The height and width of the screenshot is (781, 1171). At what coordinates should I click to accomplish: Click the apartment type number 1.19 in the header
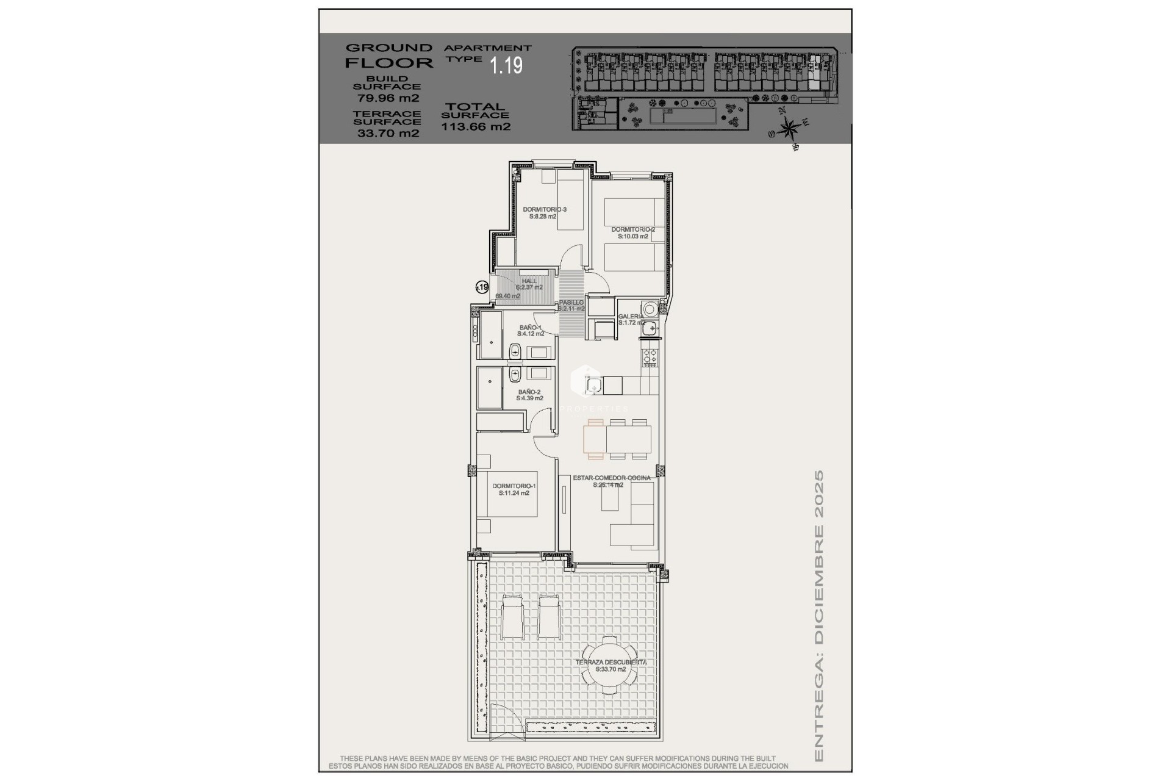point(506,65)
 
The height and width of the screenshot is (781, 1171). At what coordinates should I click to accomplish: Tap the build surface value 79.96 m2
point(388,98)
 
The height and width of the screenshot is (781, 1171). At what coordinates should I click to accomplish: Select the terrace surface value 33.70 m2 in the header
point(388,133)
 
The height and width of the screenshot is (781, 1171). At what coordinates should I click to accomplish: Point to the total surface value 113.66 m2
point(476,127)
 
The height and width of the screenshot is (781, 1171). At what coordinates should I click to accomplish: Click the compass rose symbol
point(789,129)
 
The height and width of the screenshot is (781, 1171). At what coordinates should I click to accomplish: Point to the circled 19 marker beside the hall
point(482,287)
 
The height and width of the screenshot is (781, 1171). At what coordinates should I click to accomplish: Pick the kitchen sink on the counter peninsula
point(593,385)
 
